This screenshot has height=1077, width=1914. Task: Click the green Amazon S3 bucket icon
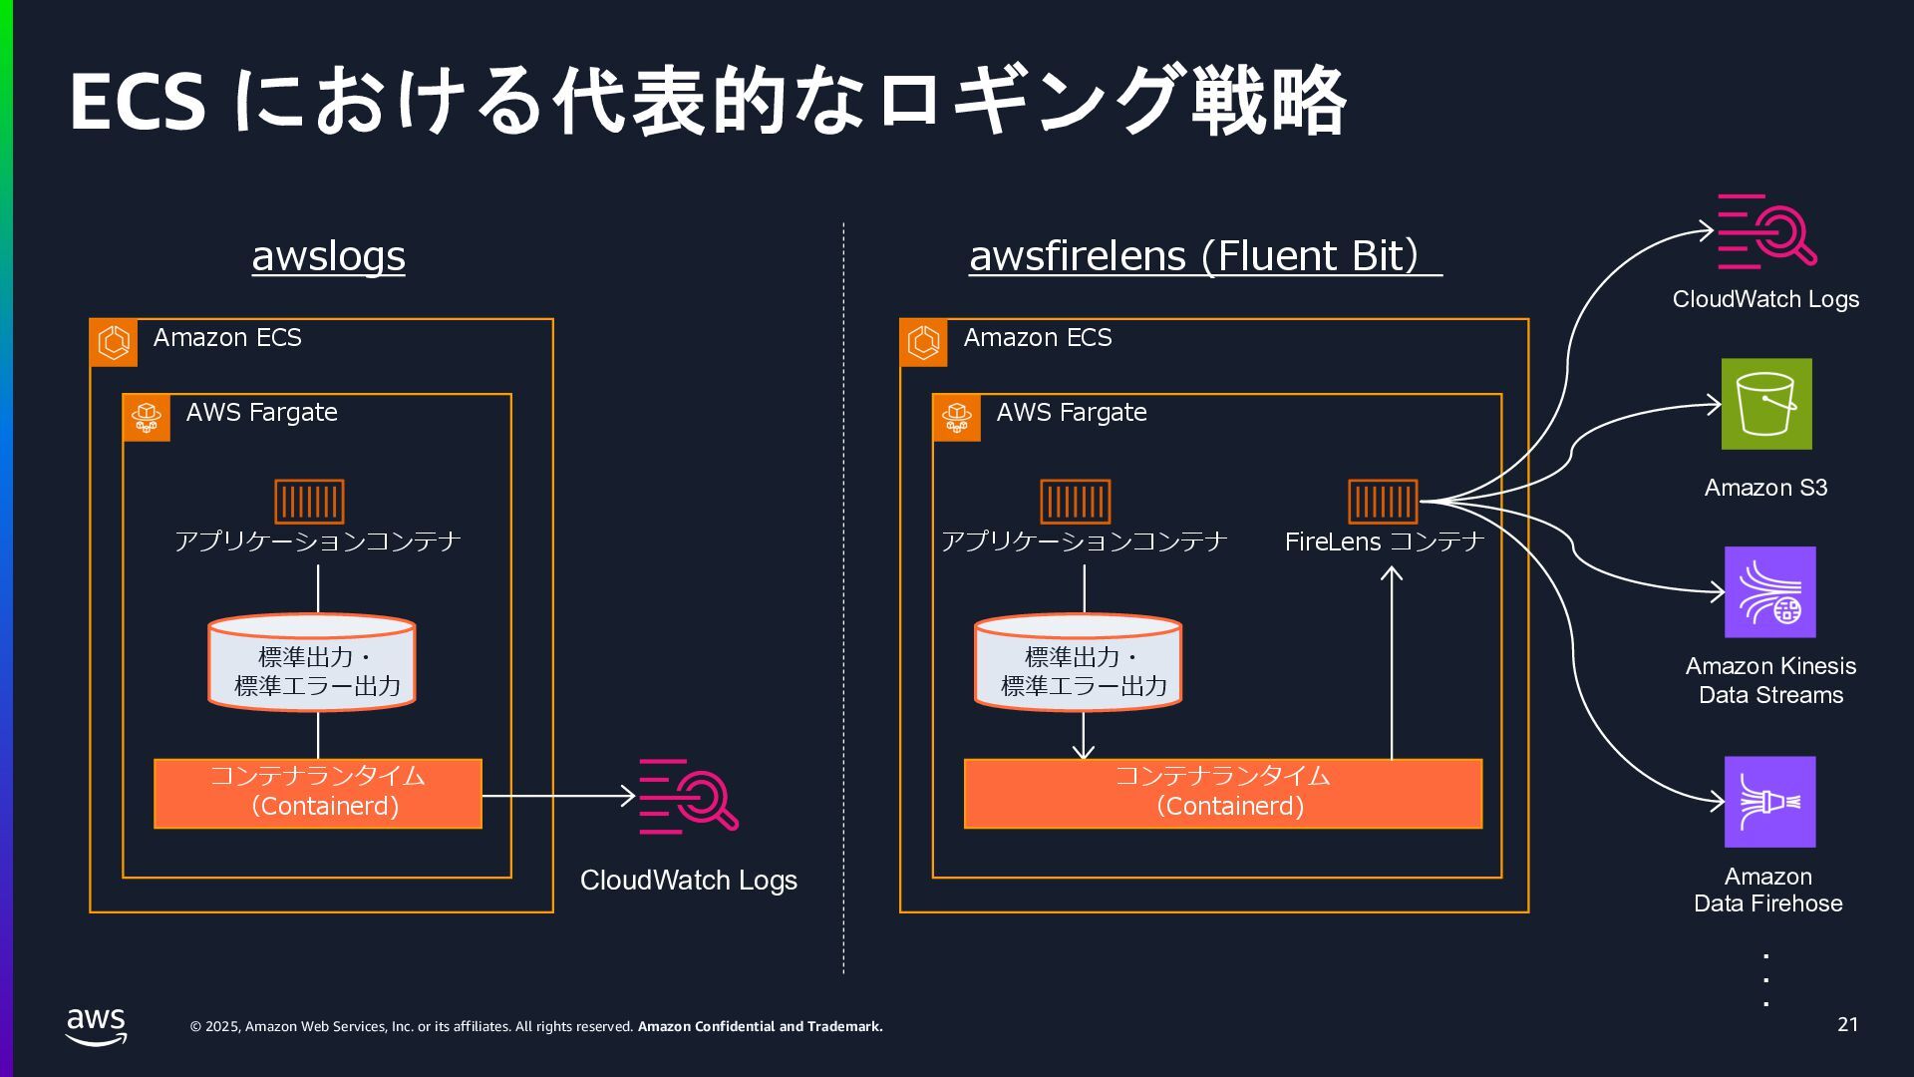click(1765, 404)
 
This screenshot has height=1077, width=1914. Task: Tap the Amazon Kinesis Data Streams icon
click(1769, 591)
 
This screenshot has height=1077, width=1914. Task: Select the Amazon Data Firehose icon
click(1769, 802)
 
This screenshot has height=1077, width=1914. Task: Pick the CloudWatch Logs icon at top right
click(1765, 231)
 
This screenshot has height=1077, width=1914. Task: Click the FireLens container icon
click(1382, 501)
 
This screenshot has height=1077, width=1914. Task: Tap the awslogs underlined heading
click(328, 256)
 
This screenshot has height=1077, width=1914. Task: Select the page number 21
click(1847, 1024)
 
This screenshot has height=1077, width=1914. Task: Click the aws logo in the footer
click(96, 1025)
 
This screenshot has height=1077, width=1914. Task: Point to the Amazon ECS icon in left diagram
click(114, 342)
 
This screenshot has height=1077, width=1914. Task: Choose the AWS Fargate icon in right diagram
click(956, 417)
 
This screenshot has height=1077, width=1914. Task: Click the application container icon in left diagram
click(309, 501)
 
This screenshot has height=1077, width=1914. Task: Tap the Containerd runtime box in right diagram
click(1222, 793)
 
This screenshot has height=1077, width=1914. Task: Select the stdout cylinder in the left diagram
click(311, 662)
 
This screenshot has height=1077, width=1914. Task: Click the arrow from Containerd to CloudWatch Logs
click(558, 796)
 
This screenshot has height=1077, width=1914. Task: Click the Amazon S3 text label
click(1765, 488)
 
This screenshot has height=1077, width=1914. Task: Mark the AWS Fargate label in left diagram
click(261, 413)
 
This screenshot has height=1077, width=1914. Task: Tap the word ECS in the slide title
click(138, 103)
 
